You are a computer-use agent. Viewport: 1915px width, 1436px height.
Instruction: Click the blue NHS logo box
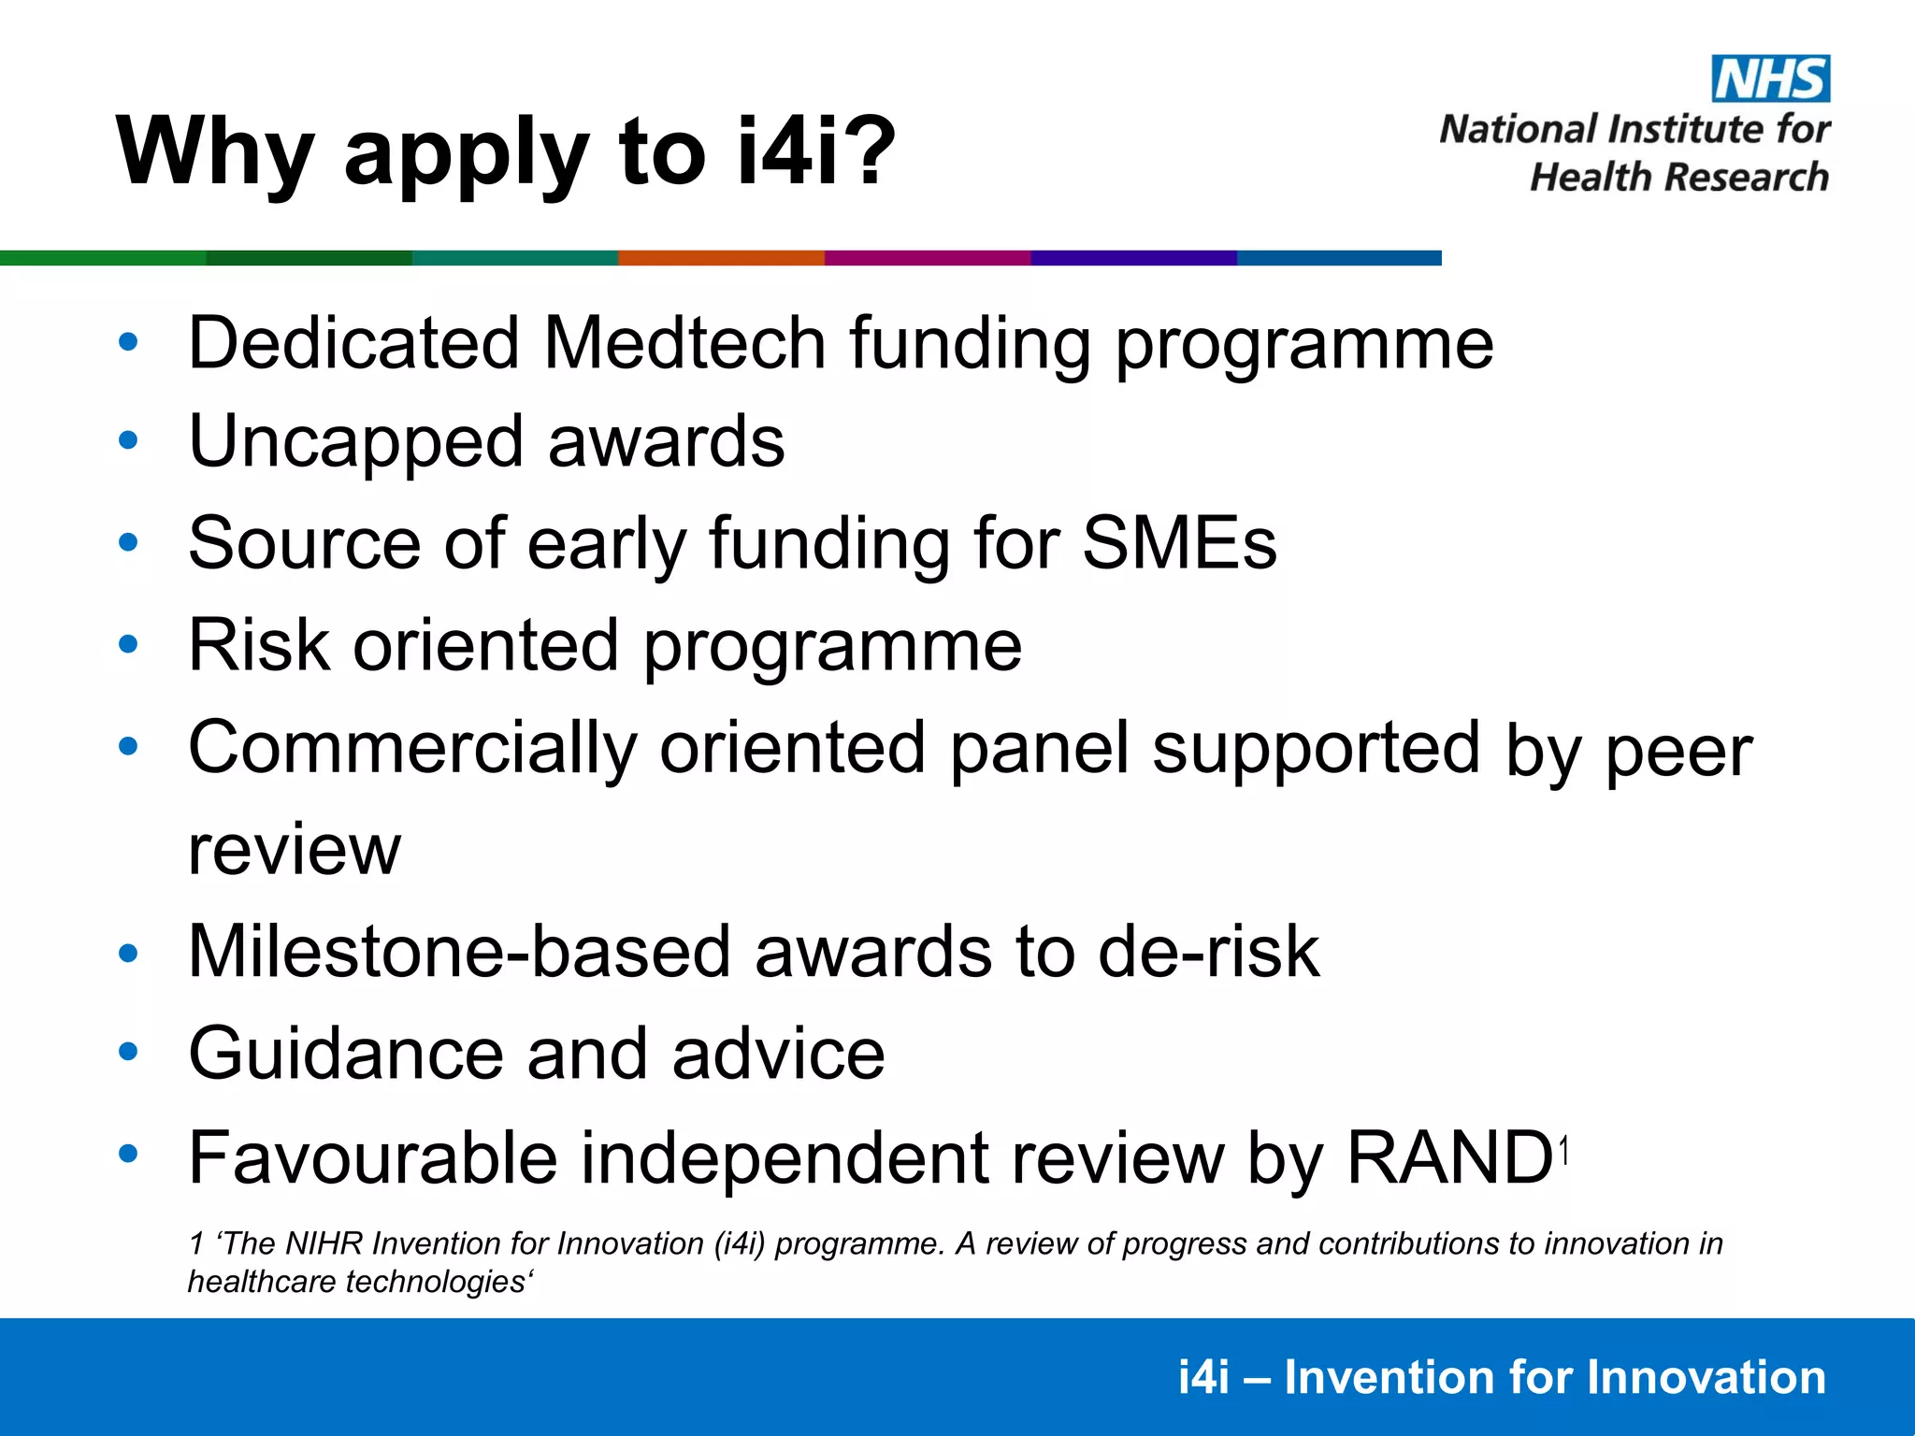click(1770, 79)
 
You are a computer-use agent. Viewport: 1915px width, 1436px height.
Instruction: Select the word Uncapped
click(355, 442)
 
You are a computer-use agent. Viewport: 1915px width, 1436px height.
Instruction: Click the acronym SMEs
click(1179, 543)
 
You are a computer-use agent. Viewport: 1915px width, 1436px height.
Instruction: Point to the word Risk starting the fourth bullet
click(259, 645)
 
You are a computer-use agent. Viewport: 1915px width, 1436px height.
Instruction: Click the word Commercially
click(412, 748)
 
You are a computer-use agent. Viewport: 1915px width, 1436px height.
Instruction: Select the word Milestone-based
click(459, 952)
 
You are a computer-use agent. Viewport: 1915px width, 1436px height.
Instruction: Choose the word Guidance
click(346, 1054)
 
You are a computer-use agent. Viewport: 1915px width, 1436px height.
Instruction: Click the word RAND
click(1448, 1157)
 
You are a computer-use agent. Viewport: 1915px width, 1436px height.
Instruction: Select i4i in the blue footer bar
click(1203, 1377)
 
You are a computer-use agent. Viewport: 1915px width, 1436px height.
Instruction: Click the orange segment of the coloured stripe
click(721, 258)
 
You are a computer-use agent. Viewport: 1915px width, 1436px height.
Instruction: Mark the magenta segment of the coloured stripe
click(928, 258)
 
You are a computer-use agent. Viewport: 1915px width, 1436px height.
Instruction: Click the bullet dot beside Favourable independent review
click(128, 1154)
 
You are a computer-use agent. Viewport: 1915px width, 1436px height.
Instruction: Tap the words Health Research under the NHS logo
click(1678, 177)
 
